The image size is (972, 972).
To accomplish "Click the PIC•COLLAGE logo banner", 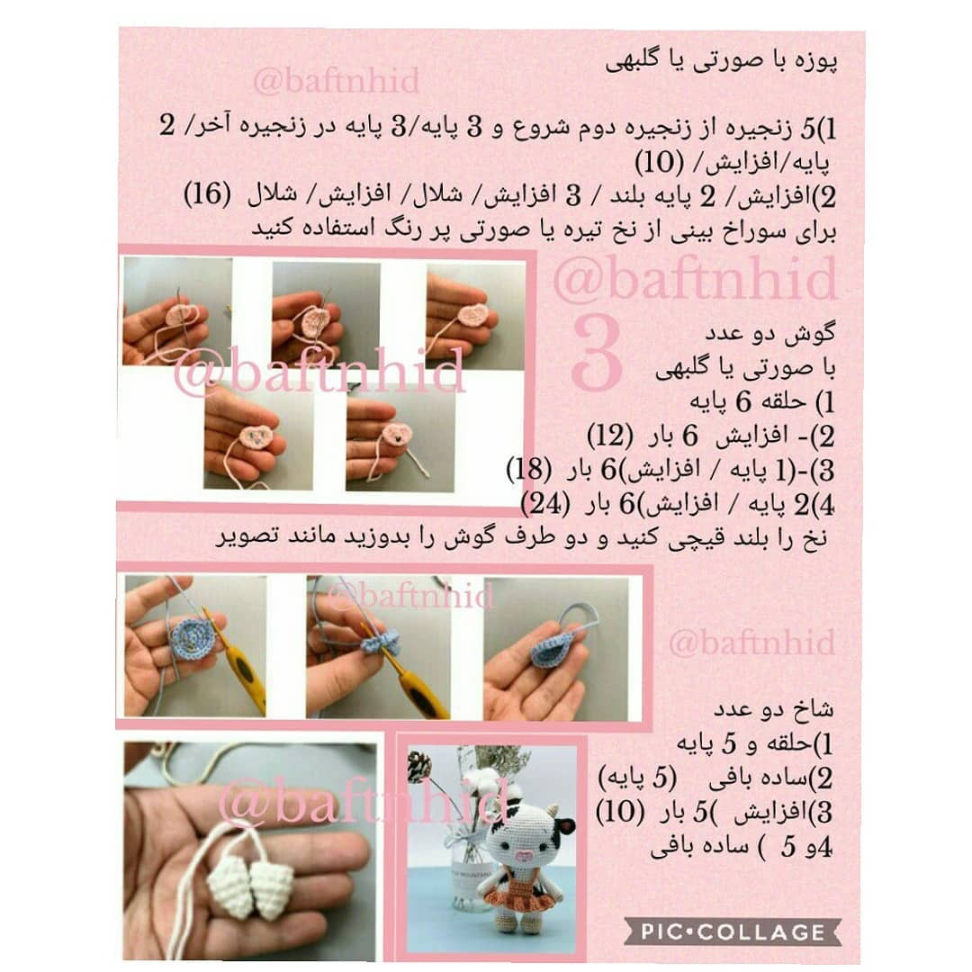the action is [733, 931].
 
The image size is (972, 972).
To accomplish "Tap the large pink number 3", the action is [597, 353].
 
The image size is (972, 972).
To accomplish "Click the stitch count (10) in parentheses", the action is [660, 163].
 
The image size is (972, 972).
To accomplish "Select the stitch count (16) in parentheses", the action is [207, 194].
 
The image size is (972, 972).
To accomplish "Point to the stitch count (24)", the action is [545, 504].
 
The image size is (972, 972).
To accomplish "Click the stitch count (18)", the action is [529, 470].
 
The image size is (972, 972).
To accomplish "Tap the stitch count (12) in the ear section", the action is [610, 436].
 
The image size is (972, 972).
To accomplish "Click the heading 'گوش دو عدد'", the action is [769, 334].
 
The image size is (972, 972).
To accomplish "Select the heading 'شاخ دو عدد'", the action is [773, 708].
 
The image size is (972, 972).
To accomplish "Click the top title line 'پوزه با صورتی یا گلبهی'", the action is [722, 63].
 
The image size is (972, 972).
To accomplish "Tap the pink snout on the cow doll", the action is [523, 857].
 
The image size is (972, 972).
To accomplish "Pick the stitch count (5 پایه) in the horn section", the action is [637, 777].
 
